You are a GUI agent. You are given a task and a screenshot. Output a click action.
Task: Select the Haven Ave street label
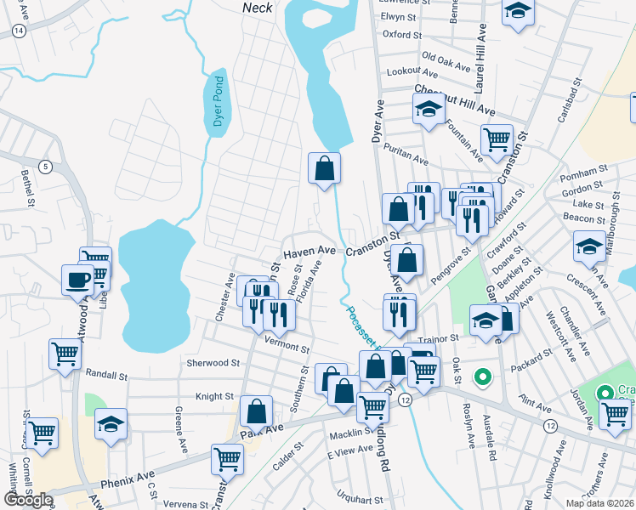click(x=309, y=252)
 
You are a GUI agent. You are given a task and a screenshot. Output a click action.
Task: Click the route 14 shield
click(x=19, y=30)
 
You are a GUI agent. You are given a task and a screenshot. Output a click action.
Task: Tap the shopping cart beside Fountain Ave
click(x=497, y=139)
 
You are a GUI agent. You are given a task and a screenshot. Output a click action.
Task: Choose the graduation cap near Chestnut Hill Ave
click(x=429, y=110)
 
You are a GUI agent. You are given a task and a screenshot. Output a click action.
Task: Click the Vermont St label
click(x=285, y=348)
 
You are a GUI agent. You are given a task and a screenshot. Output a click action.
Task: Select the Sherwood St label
click(x=213, y=362)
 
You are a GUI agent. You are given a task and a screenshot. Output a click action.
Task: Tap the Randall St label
click(x=106, y=374)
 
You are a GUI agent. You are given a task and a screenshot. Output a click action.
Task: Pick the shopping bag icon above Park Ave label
click(x=256, y=412)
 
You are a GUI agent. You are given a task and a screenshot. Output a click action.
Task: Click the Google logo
click(x=28, y=500)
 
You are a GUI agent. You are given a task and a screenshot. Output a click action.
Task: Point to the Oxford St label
click(x=401, y=35)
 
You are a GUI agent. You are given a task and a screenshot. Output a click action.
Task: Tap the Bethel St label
click(x=26, y=190)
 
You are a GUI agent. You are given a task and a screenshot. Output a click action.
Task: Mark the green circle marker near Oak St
click(x=482, y=375)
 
